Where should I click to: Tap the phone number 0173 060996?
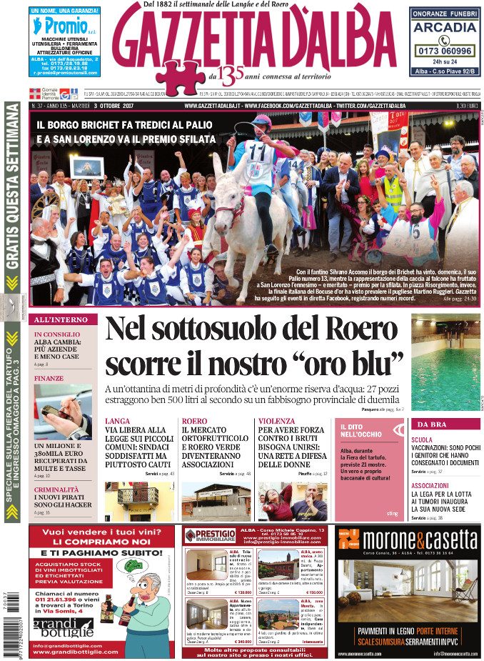pos(444,51)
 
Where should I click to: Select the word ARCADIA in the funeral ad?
pos(444,27)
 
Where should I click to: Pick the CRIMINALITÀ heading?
pos(56,489)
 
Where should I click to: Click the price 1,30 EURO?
pos(466,106)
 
